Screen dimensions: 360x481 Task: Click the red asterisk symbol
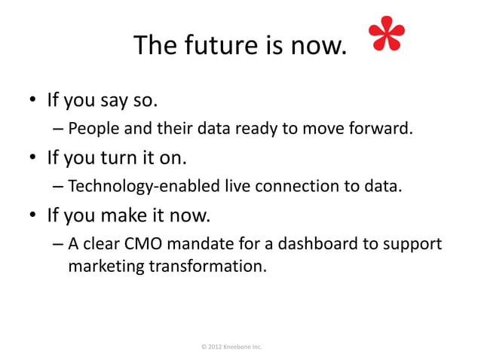388,38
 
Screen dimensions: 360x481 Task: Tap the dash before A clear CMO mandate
58,246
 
